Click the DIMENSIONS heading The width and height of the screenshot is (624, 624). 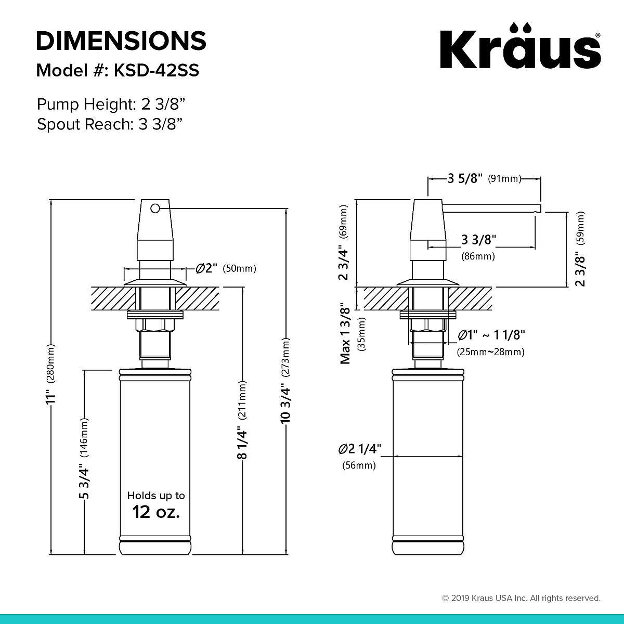[x=121, y=41]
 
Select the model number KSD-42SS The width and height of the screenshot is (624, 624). [x=153, y=71]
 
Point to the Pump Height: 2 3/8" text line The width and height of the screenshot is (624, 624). [x=111, y=105]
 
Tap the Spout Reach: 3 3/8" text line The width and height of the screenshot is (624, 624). [x=109, y=124]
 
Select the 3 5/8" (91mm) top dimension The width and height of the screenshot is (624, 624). [x=484, y=179]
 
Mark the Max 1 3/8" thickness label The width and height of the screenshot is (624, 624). [x=346, y=333]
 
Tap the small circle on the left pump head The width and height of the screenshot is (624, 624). [x=154, y=209]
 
